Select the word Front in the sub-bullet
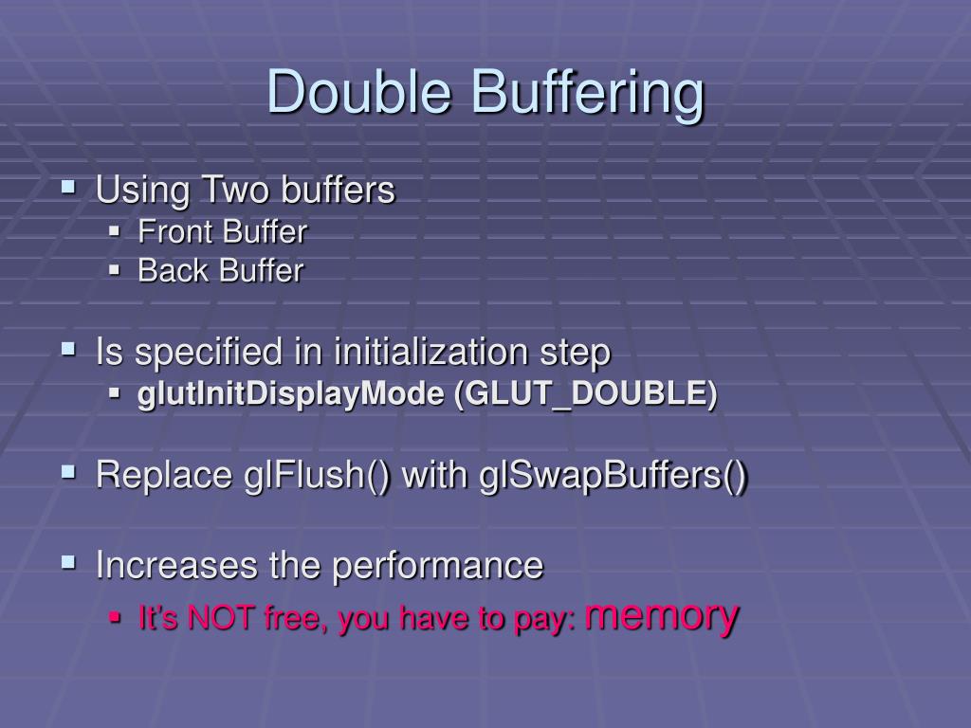click(x=175, y=231)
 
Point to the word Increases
click(x=177, y=566)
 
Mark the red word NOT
click(x=219, y=619)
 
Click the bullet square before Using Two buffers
click(x=69, y=188)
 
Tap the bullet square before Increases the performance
click(x=69, y=563)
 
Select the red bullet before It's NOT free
click(x=115, y=618)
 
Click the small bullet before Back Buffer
click(x=115, y=270)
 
